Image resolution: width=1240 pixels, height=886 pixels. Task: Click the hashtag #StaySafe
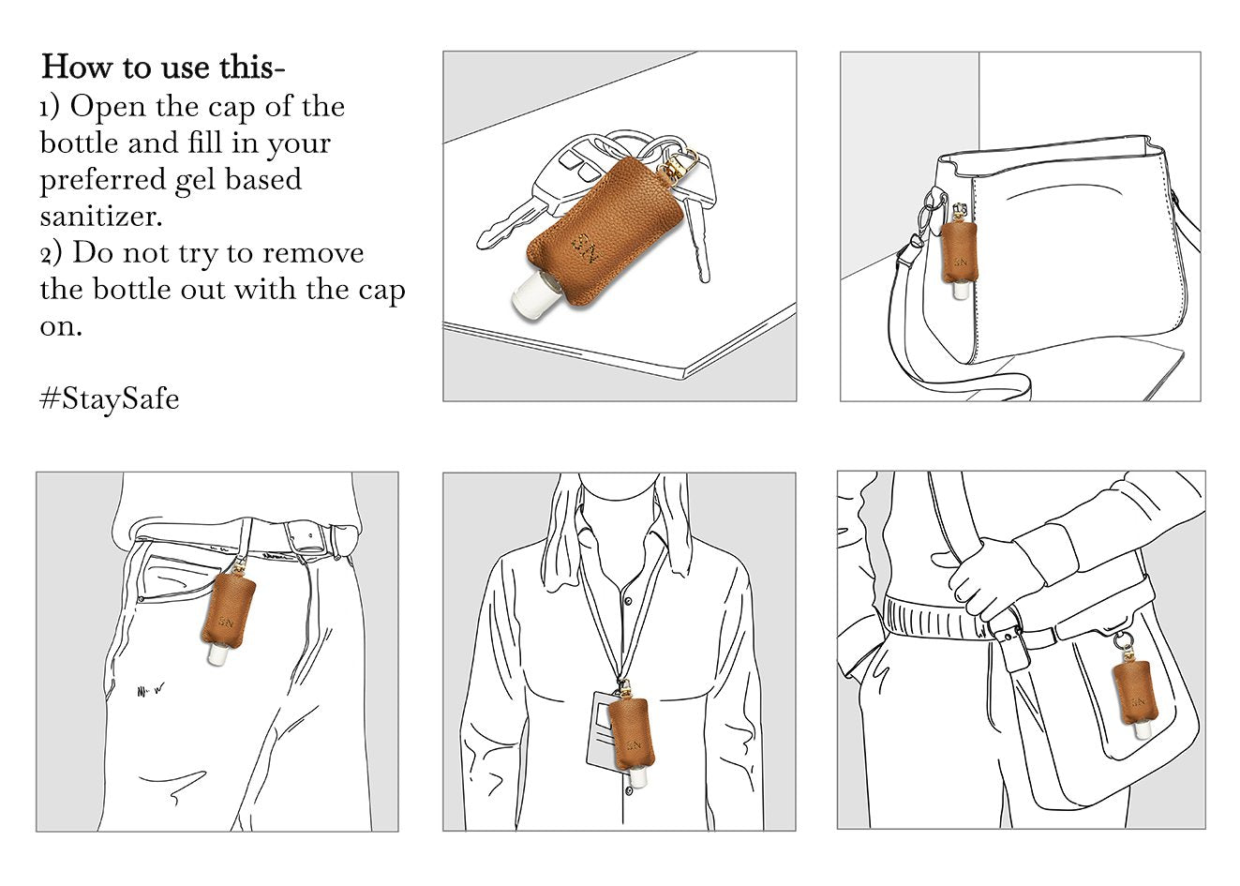(110, 398)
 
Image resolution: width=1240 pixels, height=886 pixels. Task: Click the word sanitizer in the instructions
(100, 216)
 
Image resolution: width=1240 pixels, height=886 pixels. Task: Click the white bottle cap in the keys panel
(527, 295)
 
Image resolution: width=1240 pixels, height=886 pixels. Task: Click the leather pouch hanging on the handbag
(961, 252)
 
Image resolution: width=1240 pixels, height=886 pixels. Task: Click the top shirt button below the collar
(628, 600)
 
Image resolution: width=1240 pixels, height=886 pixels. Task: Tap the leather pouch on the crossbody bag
(1135, 694)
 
